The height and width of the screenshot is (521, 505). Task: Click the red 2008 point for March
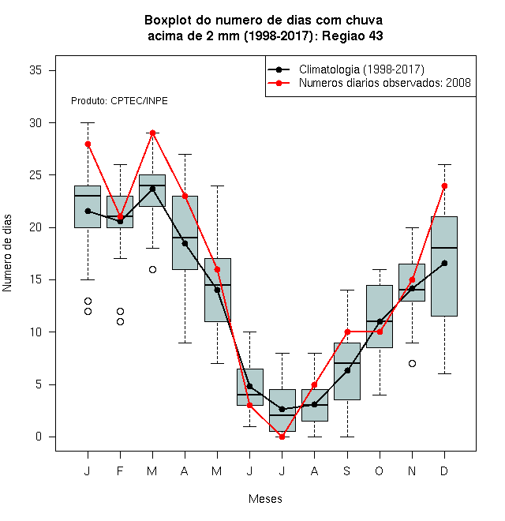(x=152, y=133)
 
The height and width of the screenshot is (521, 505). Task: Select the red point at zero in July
(x=282, y=437)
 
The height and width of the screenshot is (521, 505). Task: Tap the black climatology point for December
(x=444, y=263)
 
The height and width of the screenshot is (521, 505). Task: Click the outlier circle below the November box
(x=412, y=363)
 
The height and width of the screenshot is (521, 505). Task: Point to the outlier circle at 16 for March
(x=152, y=269)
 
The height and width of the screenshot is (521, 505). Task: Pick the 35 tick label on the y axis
(x=36, y=70)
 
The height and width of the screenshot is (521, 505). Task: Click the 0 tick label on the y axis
(x=39, y=437)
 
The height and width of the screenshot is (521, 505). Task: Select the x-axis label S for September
(x=347, y=470)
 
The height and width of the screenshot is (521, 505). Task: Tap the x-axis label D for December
(x=444, y=470)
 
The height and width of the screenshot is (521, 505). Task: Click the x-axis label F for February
(x=120, y=470)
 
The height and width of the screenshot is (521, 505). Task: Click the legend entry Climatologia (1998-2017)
(x=361, y=69)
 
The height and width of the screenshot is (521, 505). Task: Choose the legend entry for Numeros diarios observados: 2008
(x=385, y=83)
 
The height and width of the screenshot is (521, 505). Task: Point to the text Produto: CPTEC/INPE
(x=119, y=101)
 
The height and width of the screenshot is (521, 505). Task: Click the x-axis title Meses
(x=265, y=499)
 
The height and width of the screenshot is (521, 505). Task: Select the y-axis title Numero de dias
(x=7, y=253)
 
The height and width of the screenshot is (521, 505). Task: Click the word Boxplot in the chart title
(x=168, y=21)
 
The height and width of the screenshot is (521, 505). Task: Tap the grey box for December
(x=444, y=266)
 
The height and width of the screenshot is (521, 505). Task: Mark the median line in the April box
(x=185, y=238)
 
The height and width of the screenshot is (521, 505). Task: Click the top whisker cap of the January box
(x=88, y=122)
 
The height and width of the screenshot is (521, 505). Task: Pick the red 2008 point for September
(x=347, y=332)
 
